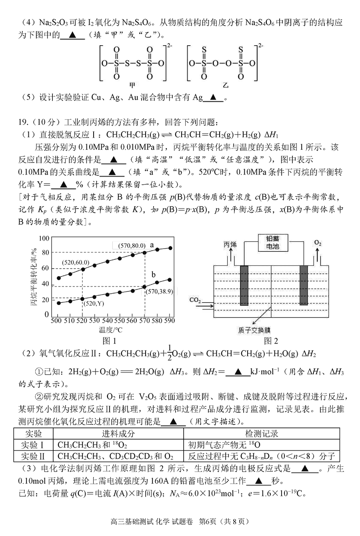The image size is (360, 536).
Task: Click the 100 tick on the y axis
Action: pyautogui.click(x=44, y=238)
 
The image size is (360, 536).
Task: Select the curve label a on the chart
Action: pyautogui.click(x=152, y=245)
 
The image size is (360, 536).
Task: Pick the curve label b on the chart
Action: pyautogui.click(x=153, y=275)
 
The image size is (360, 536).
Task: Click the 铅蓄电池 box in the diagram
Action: pyautogui.click(x=272, y=243)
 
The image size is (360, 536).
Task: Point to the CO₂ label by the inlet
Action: pyautogui.click(x=195, y=300)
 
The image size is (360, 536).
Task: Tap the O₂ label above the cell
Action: pyautogui.click(x=318, y=243)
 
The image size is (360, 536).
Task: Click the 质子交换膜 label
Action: pyautogui.click(x=254, y=331)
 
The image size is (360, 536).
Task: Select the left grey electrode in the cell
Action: pyautogui.click(x=244, y=285)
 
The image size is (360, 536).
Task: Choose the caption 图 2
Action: pyautogui.click(x=271, y=341)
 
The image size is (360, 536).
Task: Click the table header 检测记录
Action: pyautogui.click(x=262, y=434)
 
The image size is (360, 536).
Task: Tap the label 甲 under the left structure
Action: pyautogui.click(x=132, y=85)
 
